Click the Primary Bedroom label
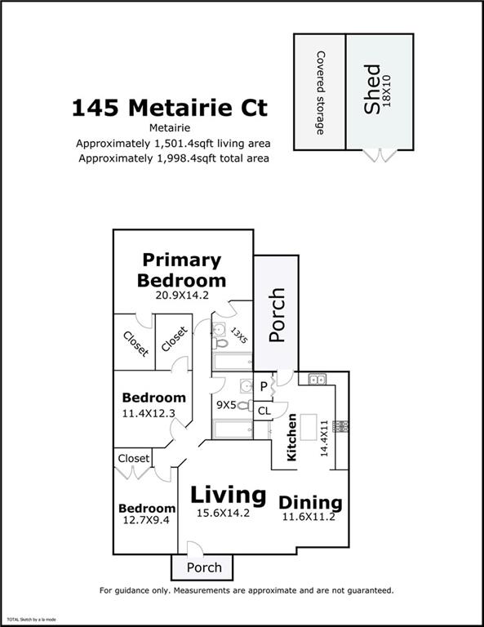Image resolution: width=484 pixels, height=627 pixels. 182,270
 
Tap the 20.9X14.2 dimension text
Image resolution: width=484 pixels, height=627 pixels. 182,296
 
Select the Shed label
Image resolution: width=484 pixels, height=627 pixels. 371,89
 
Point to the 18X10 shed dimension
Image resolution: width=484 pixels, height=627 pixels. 387,91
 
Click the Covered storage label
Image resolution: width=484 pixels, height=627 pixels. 320,93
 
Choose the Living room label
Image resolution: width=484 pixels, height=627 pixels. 229,495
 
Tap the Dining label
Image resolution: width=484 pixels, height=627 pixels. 310,503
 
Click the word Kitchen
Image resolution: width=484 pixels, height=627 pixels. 291,438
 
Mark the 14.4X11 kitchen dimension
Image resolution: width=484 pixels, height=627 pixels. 324,438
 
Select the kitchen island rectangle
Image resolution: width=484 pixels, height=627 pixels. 309,428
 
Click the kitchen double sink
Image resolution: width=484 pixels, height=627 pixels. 317,379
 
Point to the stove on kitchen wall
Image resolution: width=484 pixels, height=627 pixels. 341,426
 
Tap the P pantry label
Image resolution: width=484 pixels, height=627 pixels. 264,387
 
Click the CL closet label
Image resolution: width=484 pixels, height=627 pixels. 264,411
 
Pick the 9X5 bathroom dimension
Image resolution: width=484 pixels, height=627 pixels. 226,405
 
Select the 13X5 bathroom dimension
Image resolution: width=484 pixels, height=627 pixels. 239,335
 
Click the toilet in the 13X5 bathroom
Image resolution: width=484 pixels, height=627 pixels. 220,343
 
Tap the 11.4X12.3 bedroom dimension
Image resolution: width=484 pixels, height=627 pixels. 149,413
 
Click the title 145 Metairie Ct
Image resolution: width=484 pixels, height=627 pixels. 170,108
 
